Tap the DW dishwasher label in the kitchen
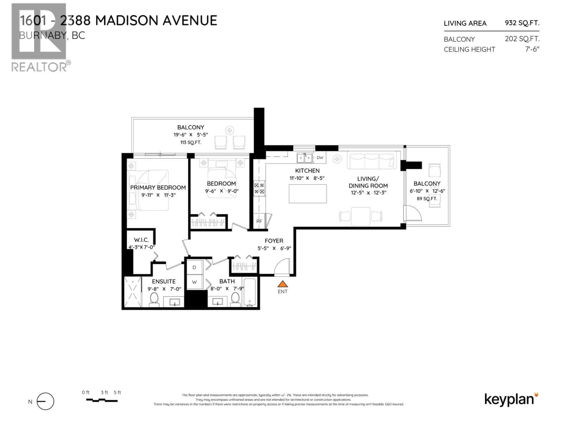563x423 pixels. (x=320, y=158)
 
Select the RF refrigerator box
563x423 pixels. (x=259, y=221)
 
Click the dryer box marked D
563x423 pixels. (x=194, y=268)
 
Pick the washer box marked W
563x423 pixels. (x=194, y=282)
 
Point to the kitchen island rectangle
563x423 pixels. (x=308, y=194)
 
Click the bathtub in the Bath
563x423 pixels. (x=250, y=292)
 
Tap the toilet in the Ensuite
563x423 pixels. (x=154, y=300)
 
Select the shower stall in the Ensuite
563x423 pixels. (x=133, y=292)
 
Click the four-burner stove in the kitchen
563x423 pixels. (x=259, y=188)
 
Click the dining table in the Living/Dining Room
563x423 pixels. (x=361, y=216)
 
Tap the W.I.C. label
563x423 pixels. (x=141, y=240)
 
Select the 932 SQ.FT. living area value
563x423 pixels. (x=522, y=23)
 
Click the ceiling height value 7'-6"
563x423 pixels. (x=532, y=49)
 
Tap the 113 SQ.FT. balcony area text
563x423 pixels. (x=190, y=142)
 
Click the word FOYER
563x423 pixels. (x=274, y=241)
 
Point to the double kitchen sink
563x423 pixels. (x=305, y=158)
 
